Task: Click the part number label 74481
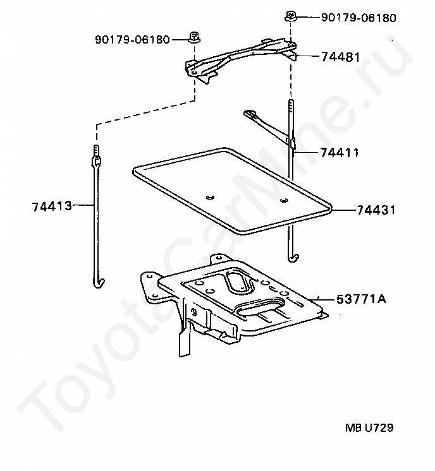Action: tap(340, 57)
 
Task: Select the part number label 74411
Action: tap(340, 153)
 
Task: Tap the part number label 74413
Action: tap(51, 205)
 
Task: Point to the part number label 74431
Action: tap(376, 210)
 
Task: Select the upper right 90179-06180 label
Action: tap(358, 18)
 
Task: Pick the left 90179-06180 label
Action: tap(132, 39)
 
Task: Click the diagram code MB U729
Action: tap(369, 428)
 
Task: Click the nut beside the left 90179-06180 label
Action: tap(192, 37)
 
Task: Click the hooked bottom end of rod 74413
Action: tap(97, 280)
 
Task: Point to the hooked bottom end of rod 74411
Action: tap(292, 255)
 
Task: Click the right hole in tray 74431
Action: tap(283, 201)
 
